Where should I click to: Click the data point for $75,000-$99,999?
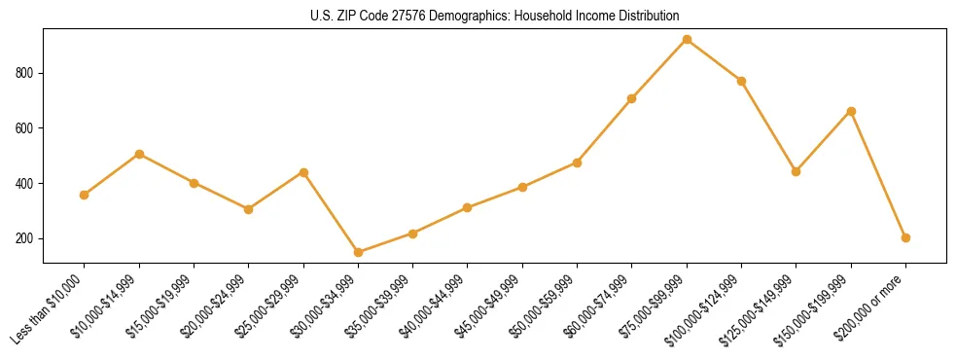click(x=687, y=40)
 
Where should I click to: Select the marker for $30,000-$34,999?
click(x=358, y=252)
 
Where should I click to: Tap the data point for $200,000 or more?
click(x=905, y=237)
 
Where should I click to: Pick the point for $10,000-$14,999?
click(x=139, y=154)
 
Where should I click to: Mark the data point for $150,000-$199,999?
click(x=851, y=111)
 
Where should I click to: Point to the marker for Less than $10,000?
click(x=85, y=195)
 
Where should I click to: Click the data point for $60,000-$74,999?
click(x=632, y=98)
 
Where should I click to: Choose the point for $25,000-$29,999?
click(x=303, y=172)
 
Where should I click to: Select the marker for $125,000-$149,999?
click(x=797, y=171)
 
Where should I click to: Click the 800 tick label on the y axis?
click(x=25, y=73)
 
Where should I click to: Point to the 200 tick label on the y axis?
click(x=25, y=239)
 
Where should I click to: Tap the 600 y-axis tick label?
click(x=25, y=128)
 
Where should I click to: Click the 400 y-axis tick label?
click(x=25, y=184)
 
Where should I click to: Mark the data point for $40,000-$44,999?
click(x=468, y=207)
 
